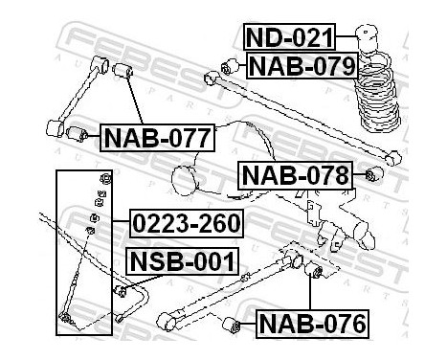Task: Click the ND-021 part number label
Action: (x=289, y=36)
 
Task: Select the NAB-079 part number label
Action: (x=302, y=65)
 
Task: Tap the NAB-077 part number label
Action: (x=158, y=138)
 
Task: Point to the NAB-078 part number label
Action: (x=296, y=175)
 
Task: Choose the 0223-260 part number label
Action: (x=187, y=223)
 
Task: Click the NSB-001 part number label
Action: (x=183, y=260)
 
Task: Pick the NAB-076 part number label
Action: (x=312, y=324)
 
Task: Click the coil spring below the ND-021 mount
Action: (x=377, y=93)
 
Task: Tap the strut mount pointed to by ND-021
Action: (x=367, y=36)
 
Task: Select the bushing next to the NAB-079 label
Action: (x=230, y=66)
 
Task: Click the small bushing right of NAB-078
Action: (x=374, y=174)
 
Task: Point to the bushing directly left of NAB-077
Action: (x=78, y=134)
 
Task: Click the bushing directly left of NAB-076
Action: (x=232, y=325)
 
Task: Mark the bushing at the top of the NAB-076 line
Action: (x=313, y=270)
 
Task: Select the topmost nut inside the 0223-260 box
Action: (x=105, y=178)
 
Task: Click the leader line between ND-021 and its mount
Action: (x=346, y=36)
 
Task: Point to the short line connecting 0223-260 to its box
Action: (x=121, y=221)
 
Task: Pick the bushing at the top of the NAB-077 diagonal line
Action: (x=123, y=70)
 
